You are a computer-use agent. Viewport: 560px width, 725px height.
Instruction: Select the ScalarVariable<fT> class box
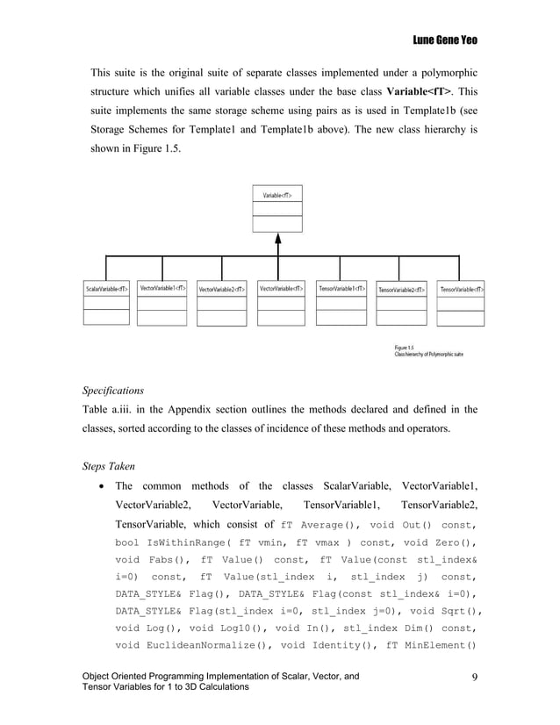point(106,303)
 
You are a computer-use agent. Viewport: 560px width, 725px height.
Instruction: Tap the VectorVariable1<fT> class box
point(162,302)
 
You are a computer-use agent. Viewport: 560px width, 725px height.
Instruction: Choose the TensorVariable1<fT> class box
point(341,302)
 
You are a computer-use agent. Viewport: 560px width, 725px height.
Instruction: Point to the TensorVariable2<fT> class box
point(401,303)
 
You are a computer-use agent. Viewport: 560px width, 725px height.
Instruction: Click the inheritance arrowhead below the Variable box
point(277,240)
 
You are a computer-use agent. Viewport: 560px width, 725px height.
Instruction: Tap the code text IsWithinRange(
point(185,543)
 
